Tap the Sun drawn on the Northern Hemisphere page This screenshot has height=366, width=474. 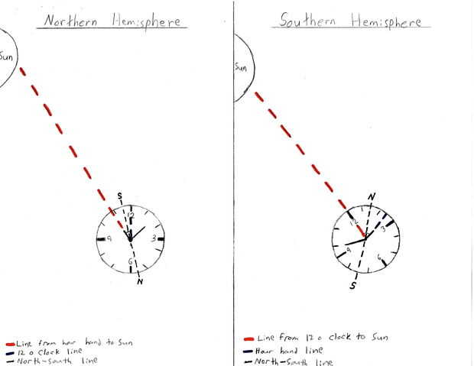click(8, 57)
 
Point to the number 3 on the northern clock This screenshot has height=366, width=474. click(154, 238)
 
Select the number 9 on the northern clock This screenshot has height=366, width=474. click(110, 239)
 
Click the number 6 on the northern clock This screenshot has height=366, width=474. click(131, 261)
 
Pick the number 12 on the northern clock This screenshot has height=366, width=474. click(131, 215)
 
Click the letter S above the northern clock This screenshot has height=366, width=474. click(119, 196)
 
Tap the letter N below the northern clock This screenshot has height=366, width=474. click(140, 281)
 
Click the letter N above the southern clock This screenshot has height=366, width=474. click(372, 197)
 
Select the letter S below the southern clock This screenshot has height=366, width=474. click(353, 285)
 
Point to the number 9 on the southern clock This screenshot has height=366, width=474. click(349, 249)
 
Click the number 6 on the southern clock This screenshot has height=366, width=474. click(379, 258)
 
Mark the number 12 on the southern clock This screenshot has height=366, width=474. click(354, 222)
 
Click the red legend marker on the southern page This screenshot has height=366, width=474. click(248, 337)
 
